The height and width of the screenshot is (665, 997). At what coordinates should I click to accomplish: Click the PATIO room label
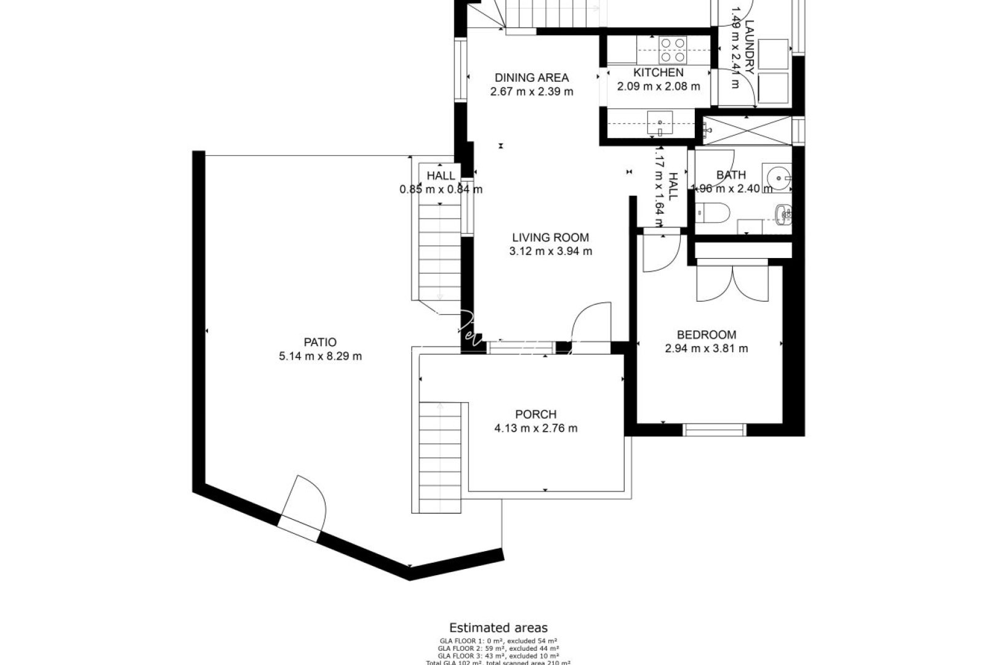coord(320,342)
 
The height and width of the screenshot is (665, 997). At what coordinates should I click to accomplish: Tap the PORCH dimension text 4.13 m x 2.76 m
coord(535,429)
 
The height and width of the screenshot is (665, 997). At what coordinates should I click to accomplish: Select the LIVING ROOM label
coord(550,237)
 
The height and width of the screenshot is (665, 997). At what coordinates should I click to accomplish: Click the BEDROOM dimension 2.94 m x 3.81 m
coord(707,349)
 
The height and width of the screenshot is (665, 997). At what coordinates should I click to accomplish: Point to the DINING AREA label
coord(532,78)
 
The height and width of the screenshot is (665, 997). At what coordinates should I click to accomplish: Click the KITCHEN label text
coord(658,73)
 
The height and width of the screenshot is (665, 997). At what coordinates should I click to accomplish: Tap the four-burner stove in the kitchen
coord(673,50)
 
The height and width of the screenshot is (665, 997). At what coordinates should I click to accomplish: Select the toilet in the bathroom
coord(714,213)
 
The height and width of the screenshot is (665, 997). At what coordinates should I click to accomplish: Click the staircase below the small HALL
coord(440,252)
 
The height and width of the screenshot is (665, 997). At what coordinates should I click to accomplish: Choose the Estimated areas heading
coord(498,628)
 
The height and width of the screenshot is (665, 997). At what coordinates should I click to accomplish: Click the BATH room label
coord(731,175)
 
